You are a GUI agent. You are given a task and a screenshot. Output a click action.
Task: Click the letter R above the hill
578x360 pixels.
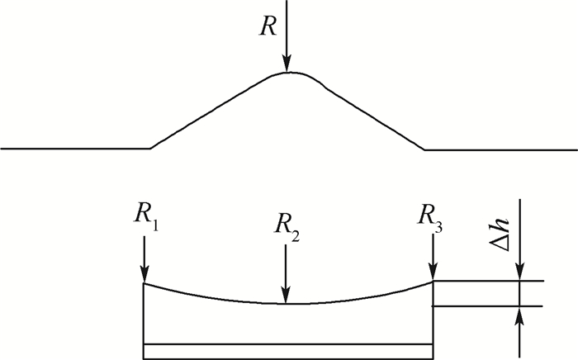(267, 25)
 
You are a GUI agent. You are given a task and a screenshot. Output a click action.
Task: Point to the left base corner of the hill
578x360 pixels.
(150, 149)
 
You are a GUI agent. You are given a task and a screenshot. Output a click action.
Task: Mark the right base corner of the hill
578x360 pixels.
(424, 149)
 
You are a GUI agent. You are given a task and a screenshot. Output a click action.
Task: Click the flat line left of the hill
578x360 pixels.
(74, 149)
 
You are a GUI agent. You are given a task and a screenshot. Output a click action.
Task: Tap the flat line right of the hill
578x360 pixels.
(500, 149)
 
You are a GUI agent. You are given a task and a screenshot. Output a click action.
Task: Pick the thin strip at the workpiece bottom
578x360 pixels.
(288, 351)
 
